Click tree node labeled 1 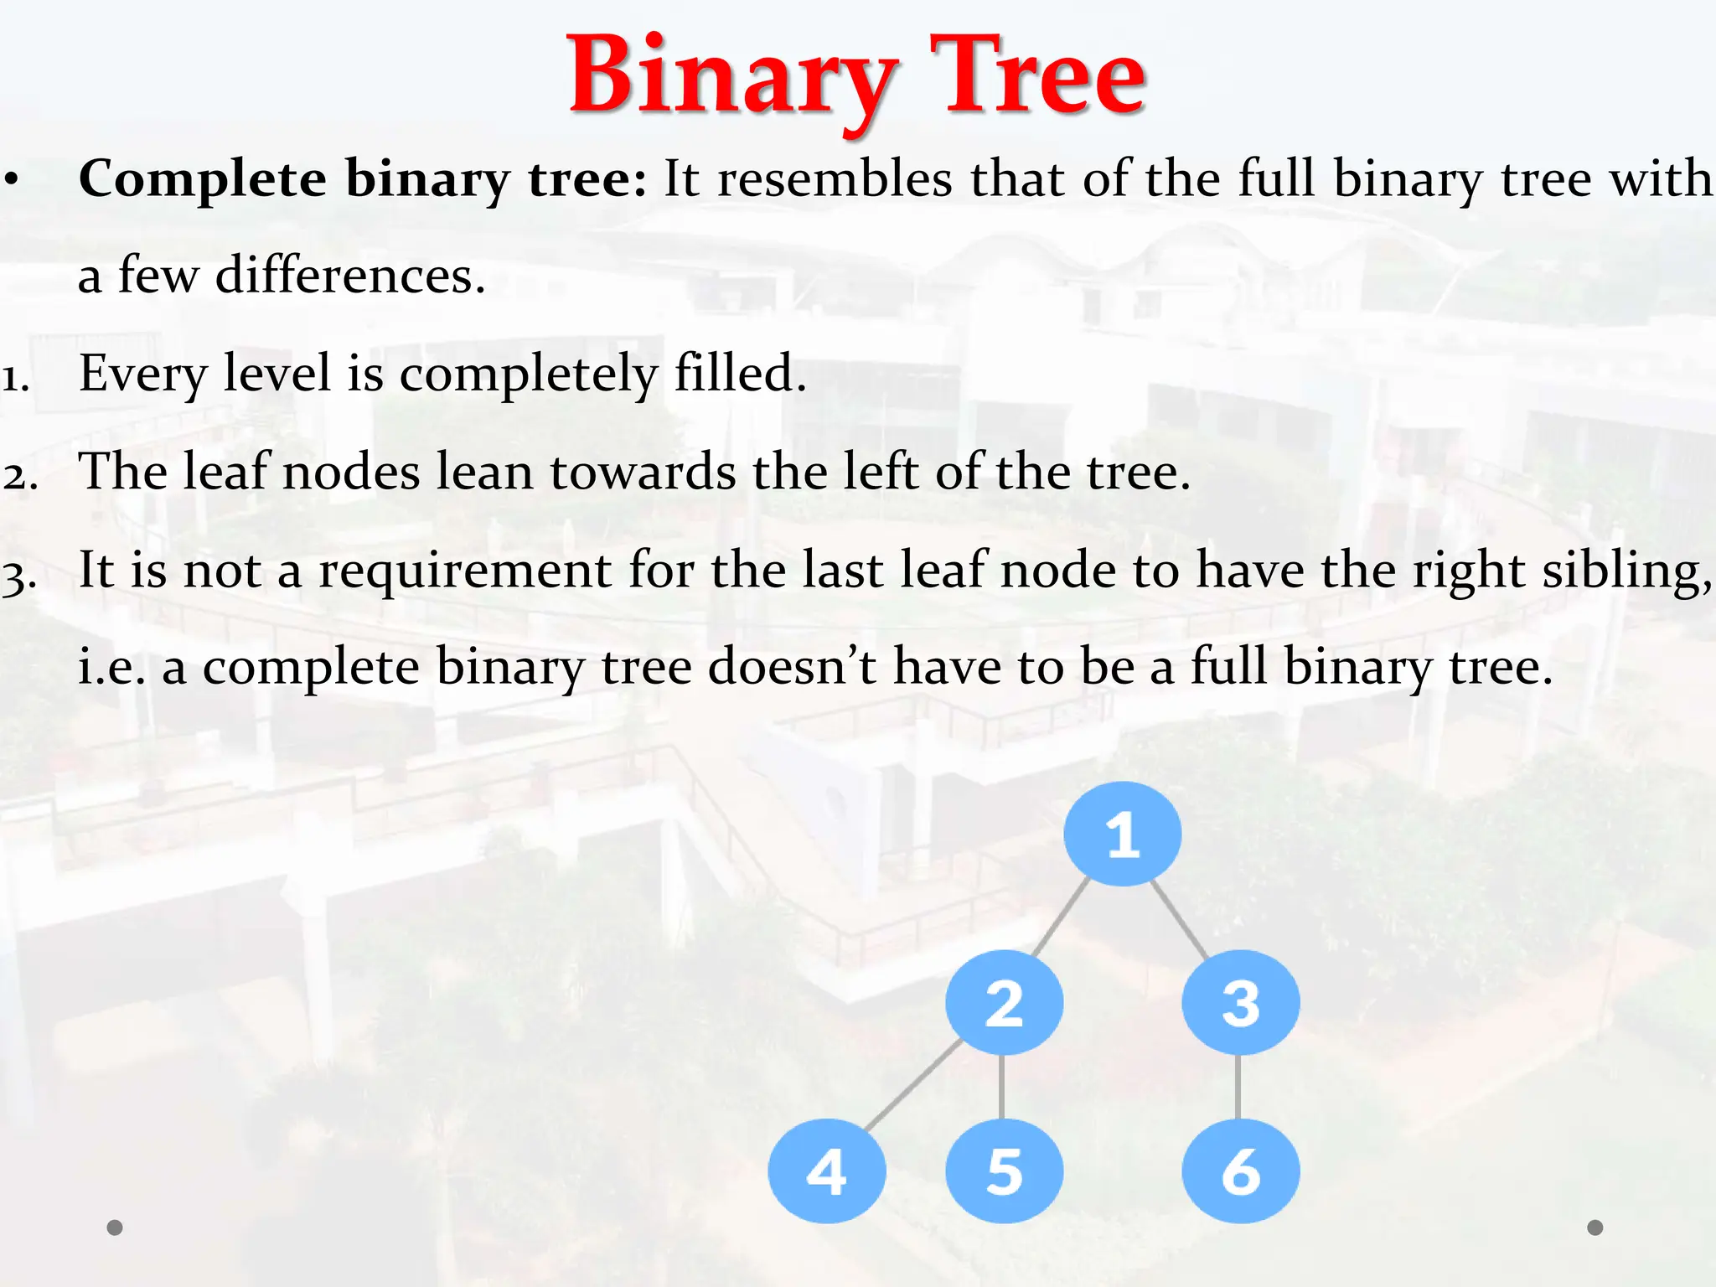(1123, 834)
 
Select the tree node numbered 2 (1004, 1002)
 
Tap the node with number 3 (1240, 1002)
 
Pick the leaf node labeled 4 (826, 1171)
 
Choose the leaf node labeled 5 (1004, 1171)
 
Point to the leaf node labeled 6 (1240, 1171)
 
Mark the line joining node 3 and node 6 (1238, 1087)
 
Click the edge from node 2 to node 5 (1002, 1087)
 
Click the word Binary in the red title (731, 77)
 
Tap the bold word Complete (202, 179)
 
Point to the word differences (350, 276)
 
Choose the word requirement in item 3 (465, 571)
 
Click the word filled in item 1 (740, 373)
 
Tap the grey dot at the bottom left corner (115, 1228)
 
